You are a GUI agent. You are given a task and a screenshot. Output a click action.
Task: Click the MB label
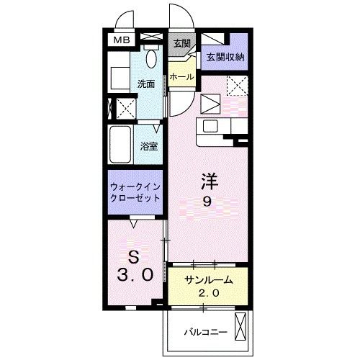pos(120,40)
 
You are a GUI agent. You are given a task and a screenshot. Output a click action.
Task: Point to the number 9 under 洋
pos(207,202)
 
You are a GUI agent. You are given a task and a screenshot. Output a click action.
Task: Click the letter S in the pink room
pos(132,256)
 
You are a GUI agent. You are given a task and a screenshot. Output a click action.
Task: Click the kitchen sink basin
pos(212,126)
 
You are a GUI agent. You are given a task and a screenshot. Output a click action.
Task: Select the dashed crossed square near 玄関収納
pos(236,86)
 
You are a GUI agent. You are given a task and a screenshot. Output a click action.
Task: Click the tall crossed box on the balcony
pos(241,328)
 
